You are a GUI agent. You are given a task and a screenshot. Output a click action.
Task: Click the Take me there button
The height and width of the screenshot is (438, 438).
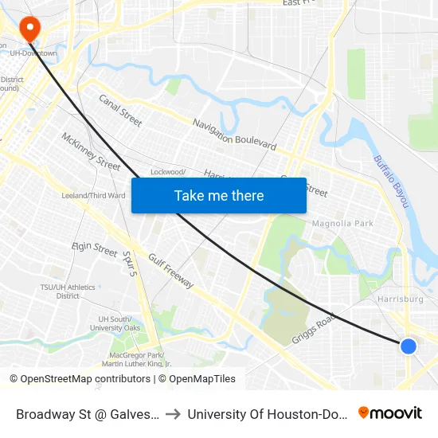click(x=219, y=195)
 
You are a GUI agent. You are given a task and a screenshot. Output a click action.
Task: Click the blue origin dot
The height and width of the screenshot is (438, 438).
click(x=408, y=346)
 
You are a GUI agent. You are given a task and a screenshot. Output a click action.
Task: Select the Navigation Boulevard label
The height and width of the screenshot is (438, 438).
click(x=235, y=134)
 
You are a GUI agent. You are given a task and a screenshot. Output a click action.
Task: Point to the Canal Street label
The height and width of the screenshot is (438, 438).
click(x=120, y=111)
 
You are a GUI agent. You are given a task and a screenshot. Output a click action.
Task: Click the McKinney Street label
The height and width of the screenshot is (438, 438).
click(x=91, y=151)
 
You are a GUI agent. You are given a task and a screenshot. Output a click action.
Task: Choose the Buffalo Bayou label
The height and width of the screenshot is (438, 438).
click(x=391, y=182)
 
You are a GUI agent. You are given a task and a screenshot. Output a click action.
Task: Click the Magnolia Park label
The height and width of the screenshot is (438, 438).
click(x=342, y=224)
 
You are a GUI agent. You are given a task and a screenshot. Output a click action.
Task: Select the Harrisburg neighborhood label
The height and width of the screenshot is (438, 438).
click(x=399, y=299)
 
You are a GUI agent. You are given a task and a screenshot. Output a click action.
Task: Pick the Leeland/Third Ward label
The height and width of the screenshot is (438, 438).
click(x=94, y=196)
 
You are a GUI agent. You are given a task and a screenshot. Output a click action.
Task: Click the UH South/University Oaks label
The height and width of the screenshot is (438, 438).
click(x=115, y=323)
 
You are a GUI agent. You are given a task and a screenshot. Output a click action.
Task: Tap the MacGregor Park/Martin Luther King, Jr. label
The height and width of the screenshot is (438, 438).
click(x=136, y=359)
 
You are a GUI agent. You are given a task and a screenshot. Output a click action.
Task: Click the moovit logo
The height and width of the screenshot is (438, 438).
click(x=390, y=413)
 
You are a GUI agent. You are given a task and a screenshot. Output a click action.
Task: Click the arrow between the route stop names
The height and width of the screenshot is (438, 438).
click(x=173, y=413)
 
